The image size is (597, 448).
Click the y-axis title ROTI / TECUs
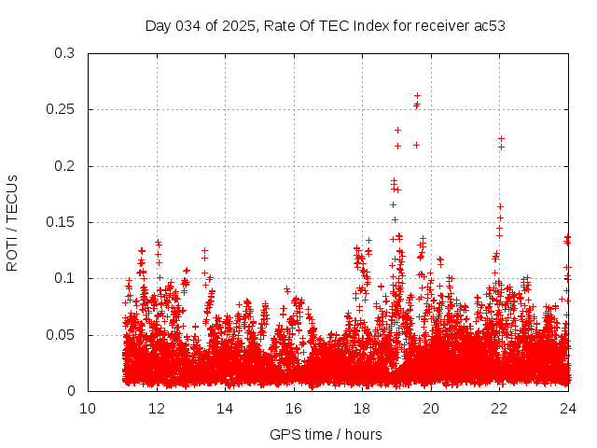(x=12, y=222)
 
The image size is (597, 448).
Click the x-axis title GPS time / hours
(x=326, y=434)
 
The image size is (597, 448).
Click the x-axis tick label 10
(x=88, y=408)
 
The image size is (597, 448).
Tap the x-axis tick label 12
(x=157, y=408)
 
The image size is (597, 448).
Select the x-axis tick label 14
(x=225, y=408)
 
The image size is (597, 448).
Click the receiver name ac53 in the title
(x=491, y=25)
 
